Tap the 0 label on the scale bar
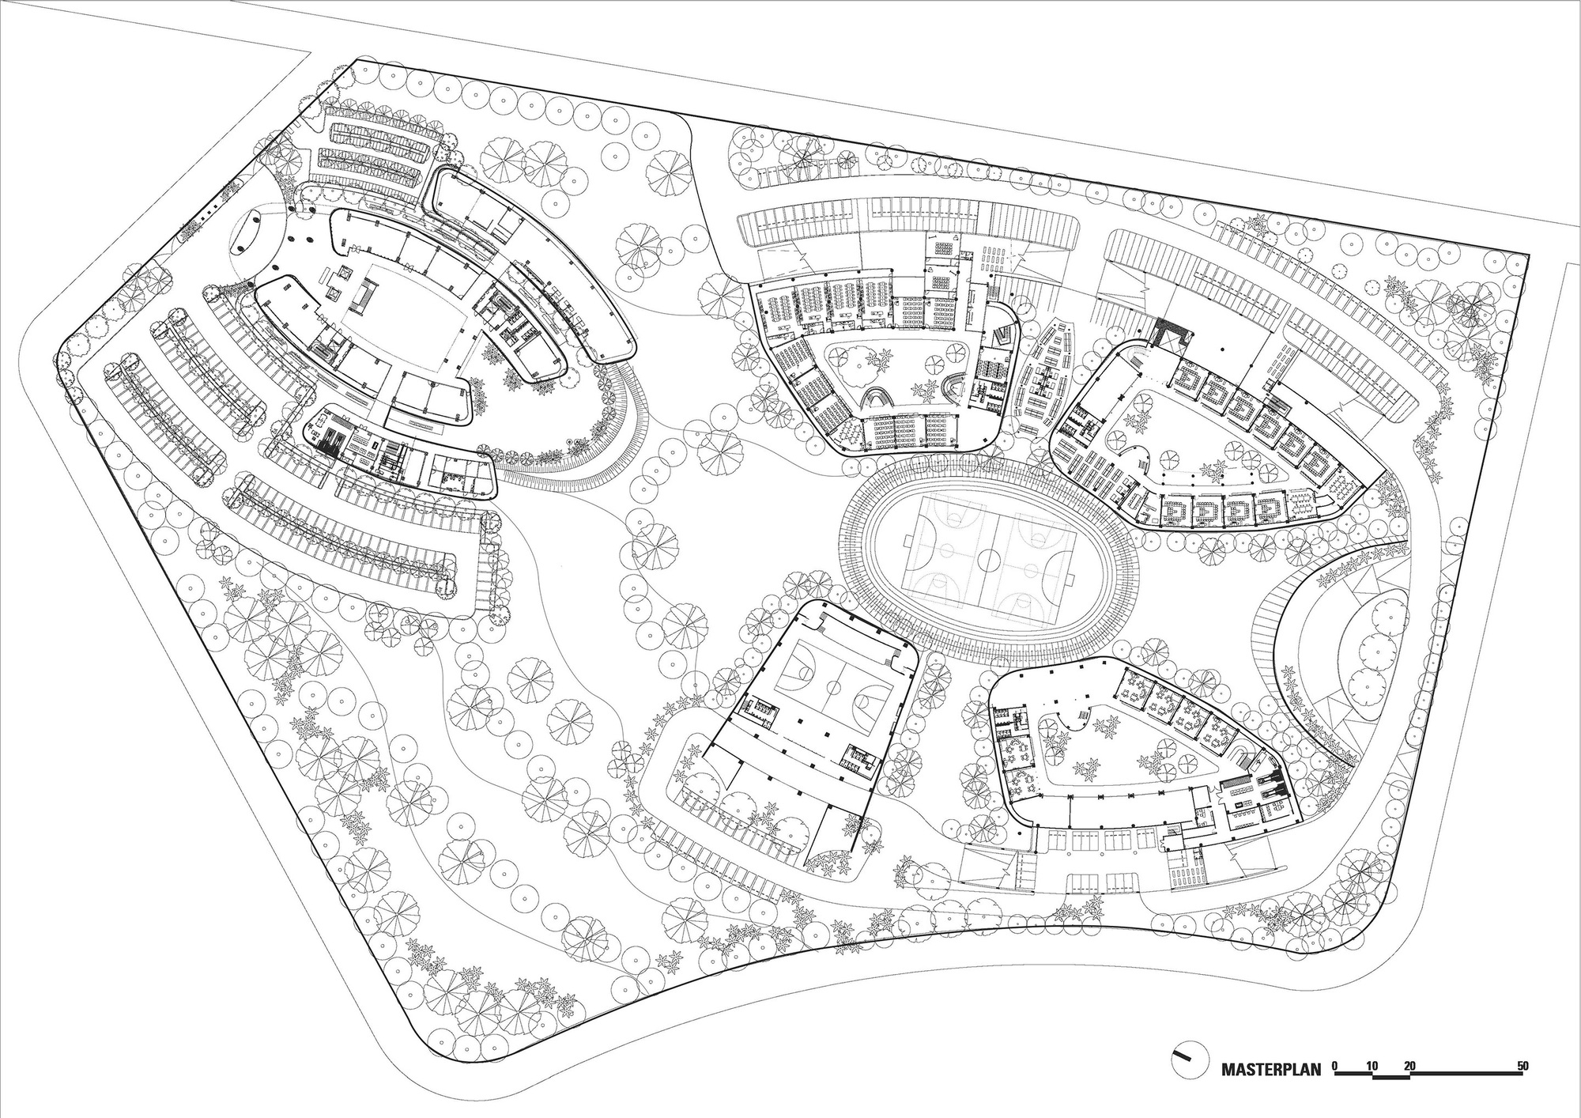[1334, 1065]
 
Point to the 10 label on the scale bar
[1372, 1065]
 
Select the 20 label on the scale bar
[1409, 1065]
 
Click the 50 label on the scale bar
[1522, 1065]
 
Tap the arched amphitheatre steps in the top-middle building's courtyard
[876, 397]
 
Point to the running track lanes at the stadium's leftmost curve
[854, 553]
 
